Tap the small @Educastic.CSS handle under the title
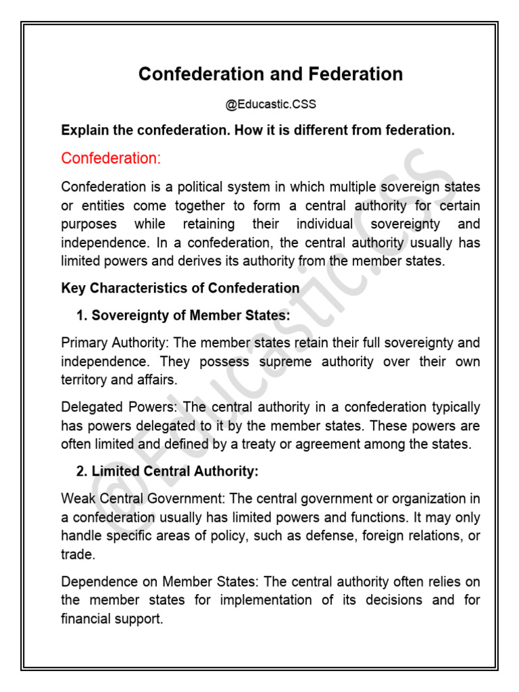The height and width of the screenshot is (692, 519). pyautogui.click(x=270, y=105)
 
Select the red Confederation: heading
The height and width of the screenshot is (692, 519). pyautogui.click(x=112, y=158)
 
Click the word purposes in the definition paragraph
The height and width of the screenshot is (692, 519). pyautogui.click(x=89, y=224)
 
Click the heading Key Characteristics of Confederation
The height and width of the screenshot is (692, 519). pyautogui.click(x=180, y=288)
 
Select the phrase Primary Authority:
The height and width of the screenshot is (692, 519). pyautogui.click(x=112, y=343)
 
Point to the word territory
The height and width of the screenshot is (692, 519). pyautogui.click(x=83, y=380)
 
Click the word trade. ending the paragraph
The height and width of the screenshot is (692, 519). pyautogui.click(x=76, y=554)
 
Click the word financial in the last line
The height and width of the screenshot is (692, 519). pyautogui.click(x=86, y=618)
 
